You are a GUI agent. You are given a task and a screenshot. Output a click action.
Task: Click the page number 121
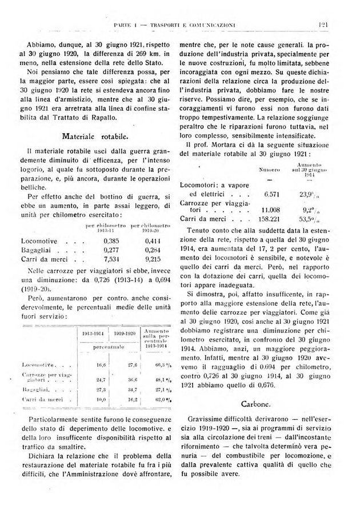tap(327, 24)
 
